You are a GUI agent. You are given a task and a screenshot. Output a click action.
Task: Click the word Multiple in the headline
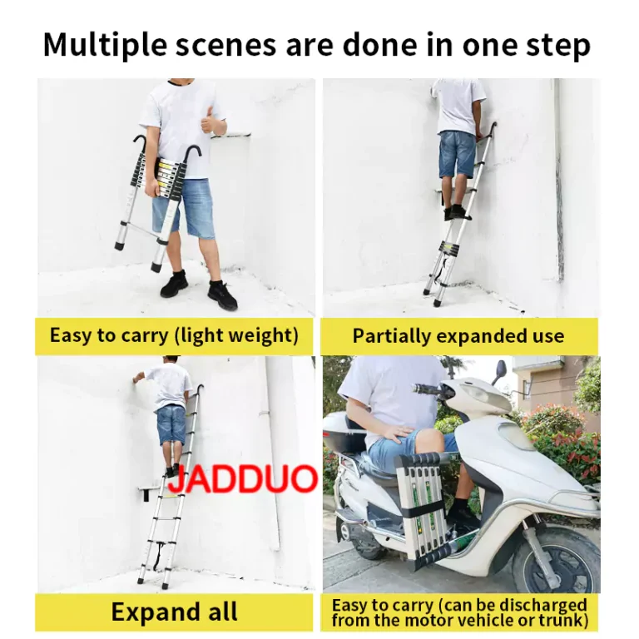click(105, 45)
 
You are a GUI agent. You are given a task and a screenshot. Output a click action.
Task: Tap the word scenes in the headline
click(226, 46)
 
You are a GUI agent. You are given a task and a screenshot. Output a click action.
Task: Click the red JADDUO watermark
click(243, 478)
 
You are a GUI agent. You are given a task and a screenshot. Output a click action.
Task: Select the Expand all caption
click(174, 612)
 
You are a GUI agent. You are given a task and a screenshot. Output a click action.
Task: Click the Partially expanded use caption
click(458, 336)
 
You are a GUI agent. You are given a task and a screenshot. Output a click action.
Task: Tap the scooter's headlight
click(482, 393)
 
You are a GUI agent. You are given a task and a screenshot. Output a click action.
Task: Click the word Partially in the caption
click(392, 337)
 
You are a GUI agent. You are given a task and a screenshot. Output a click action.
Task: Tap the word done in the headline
click(379, 44)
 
